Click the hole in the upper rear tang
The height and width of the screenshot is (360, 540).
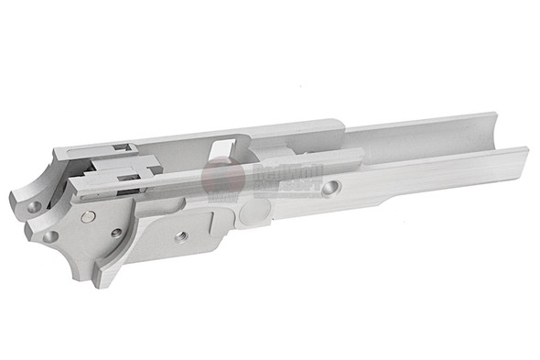click(x=34, y=207)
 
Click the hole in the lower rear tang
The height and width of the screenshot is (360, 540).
click(x=49, y=235)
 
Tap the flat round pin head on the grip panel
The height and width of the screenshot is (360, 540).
click(x=88, y=217)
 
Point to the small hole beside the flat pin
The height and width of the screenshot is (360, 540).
click(x=117, y=233)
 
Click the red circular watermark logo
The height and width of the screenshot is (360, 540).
click(x=222, y=176)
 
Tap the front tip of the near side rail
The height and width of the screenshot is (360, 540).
click(x=524, y=151)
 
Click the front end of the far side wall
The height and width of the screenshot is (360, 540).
click(x=491, y=116)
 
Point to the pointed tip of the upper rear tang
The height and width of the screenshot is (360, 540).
click(x=12, y=197)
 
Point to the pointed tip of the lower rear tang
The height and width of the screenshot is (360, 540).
click(x=27, y=225)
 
